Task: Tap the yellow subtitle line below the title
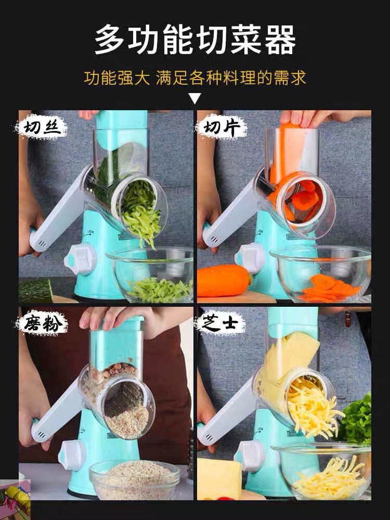coord(195,78)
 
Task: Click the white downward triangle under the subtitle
coord(194,98)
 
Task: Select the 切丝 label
coord(42,128)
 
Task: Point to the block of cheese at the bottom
coord(218,478)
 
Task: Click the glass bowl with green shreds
coord(151,276)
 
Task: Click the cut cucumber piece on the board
coord(35,290)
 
